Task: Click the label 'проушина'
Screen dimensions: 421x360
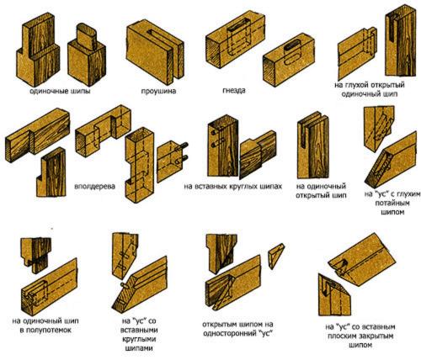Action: (x=158, y=91)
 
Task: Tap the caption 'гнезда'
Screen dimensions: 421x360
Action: (x=234, y=91)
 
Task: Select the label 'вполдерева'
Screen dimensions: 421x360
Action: (x=95, y=187)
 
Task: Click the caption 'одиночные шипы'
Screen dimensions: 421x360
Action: (x=60, y=91)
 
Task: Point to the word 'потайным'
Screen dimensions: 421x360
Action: (x=392, y=203)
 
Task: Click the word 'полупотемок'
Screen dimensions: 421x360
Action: (x=49, y=330)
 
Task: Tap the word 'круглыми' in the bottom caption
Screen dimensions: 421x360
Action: (x=139, y=339)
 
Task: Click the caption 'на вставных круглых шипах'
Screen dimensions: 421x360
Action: (x=232, y=187)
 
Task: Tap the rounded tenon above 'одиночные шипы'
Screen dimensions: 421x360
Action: (x=87, y=35)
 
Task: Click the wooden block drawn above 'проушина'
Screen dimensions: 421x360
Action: (x=155, y=52)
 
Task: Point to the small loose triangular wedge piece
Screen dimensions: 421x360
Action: (x=276, y=256)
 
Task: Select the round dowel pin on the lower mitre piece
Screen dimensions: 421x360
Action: (x=124, y=285)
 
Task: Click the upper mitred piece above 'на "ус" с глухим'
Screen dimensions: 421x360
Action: (x=379, y=128)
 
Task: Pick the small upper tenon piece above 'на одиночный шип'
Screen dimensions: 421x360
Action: (x=36, y=255)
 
